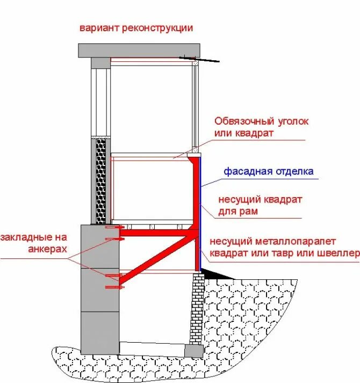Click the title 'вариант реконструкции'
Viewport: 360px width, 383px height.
(x=136, y=28)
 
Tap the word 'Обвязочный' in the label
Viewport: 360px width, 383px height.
(x=242, y=122)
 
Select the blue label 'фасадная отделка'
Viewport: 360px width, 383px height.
(x=268, y=172)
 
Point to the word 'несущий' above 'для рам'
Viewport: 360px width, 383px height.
(x=236, y=200)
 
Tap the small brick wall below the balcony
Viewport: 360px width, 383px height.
(x=197, y=306)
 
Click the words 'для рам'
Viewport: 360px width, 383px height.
(x=237, y=212)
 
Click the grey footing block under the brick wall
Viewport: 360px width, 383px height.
(x=192, y=350)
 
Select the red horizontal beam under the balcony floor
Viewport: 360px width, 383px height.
(x=156, y=233)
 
